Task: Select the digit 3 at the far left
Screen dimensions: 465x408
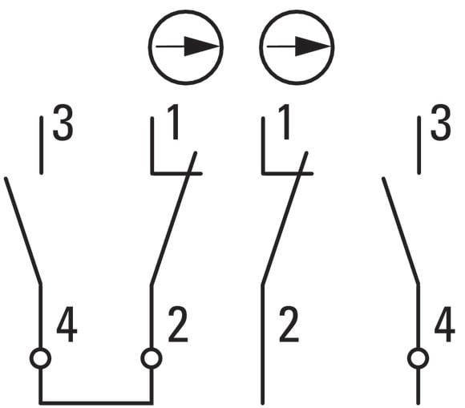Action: click(x=63, y=122)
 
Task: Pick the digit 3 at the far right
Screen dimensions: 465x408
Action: click(x=441, y=122)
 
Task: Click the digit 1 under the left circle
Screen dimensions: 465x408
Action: click(x=173, y=122)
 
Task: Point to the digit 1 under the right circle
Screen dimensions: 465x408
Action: click(x=285, y=122)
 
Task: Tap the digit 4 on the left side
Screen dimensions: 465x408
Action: click(x=67, y=325)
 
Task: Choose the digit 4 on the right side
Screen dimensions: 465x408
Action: click(x=445, y=325)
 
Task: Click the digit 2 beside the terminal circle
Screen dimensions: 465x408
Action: click(x=178, y=325)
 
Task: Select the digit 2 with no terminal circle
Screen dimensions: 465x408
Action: click(x=289, y=325)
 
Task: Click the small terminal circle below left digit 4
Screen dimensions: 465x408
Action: click(x=40, y=358)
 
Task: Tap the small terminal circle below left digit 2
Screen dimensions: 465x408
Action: click(x=152, y=358)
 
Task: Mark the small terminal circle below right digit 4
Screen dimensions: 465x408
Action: click(x=418, y=358)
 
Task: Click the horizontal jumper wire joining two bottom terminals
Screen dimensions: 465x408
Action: click(x=96, y=403)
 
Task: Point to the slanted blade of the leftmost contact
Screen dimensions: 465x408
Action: click(x=23, y=231)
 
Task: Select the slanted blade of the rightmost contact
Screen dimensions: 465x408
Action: click(x=400, y=231)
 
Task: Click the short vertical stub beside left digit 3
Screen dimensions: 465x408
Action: click(x=41, y=145)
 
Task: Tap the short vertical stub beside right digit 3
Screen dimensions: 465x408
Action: click(x=418, y=145)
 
